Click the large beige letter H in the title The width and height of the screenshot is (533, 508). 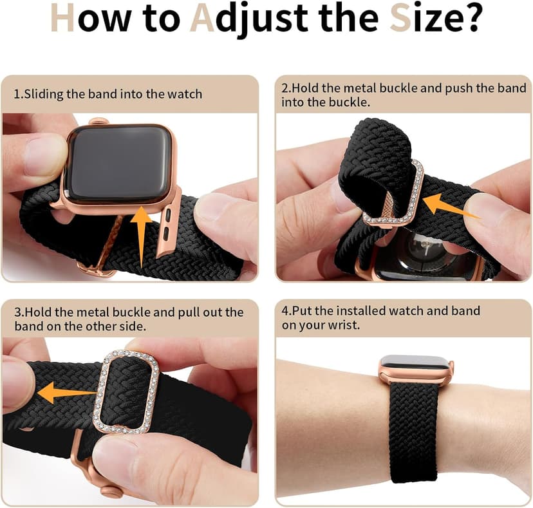point(62,20)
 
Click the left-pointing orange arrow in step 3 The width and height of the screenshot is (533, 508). point(64,391)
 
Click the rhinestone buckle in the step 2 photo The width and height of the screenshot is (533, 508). point(393,193)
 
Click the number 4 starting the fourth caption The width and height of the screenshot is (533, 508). point(285,311)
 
